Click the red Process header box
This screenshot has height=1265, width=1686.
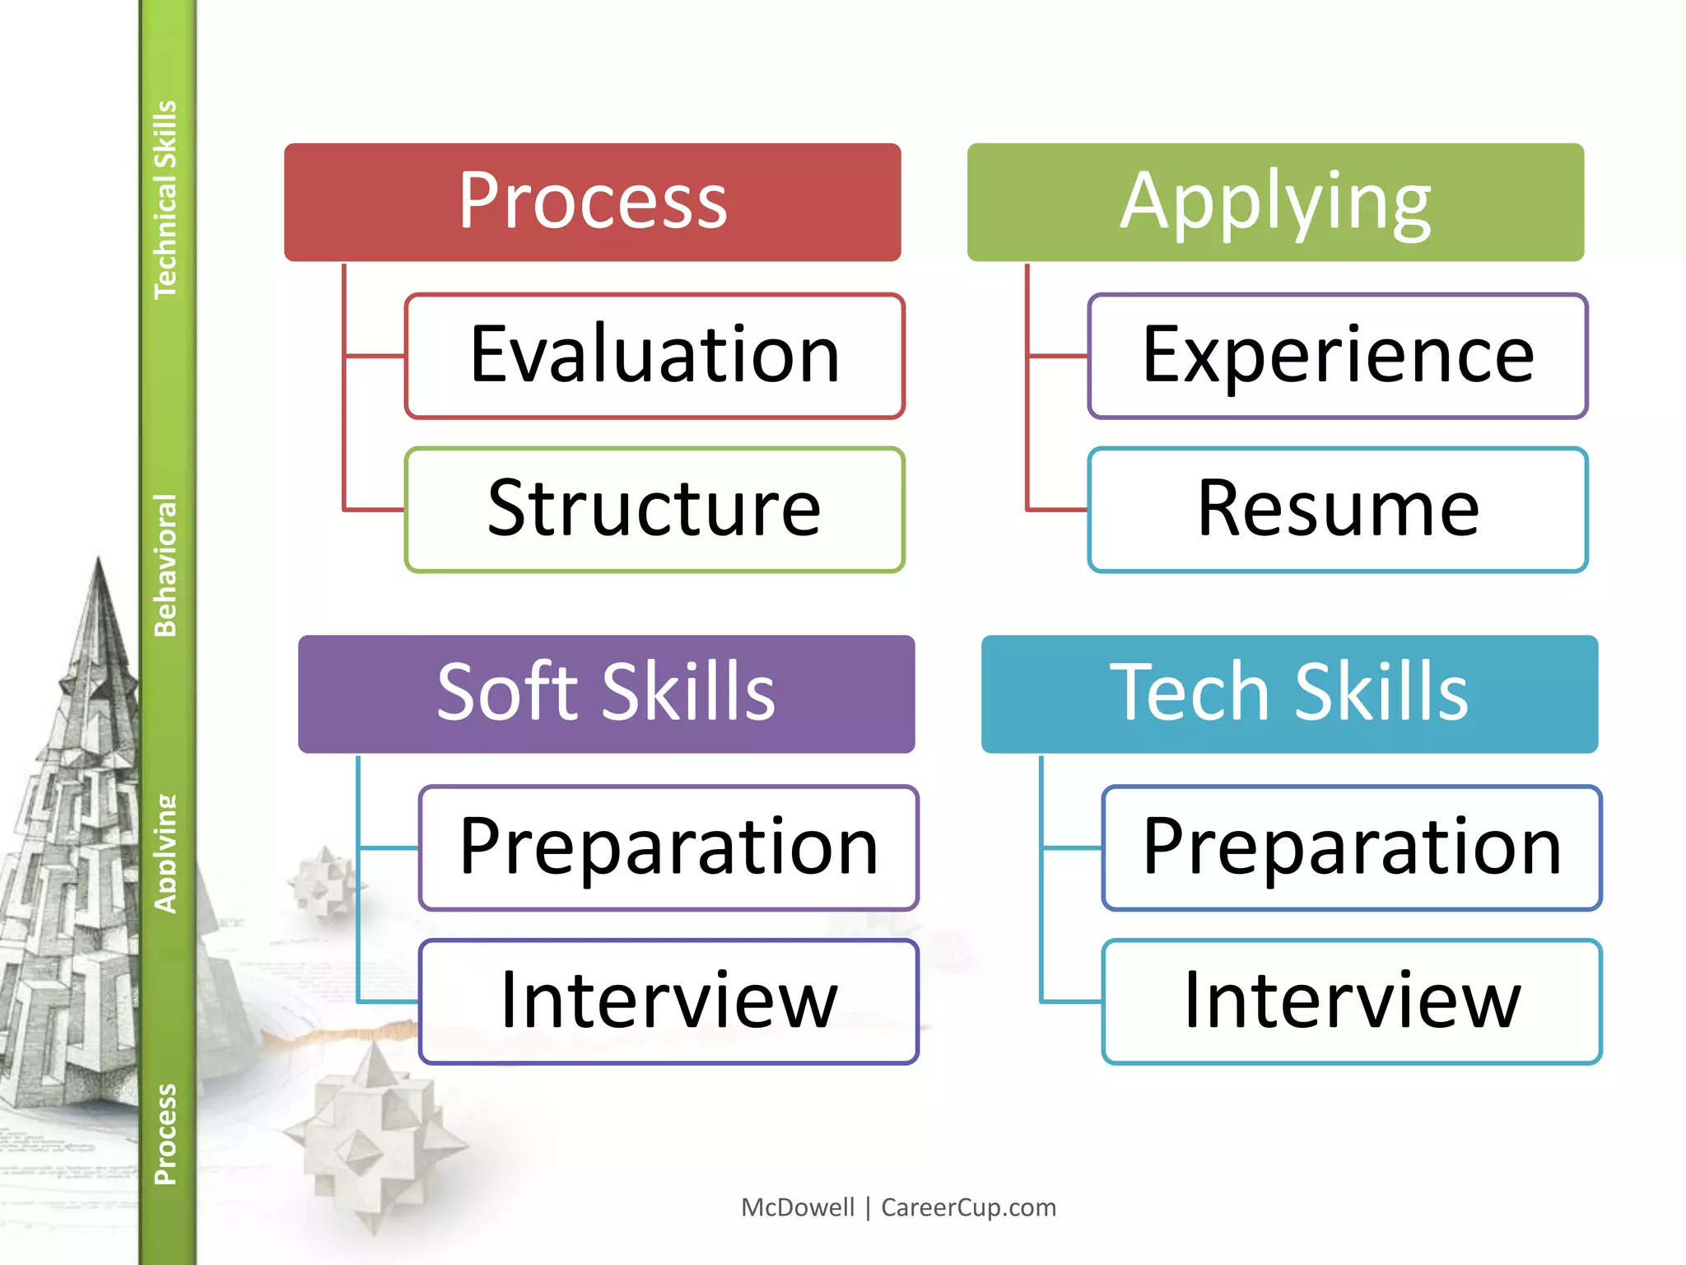click(x=592, y=202)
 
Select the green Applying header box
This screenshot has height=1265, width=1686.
click(x=1275, y=202)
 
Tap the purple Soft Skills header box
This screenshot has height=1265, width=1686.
click(x=606, y=693)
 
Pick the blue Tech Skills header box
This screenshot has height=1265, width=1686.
click(x=1289, y=693)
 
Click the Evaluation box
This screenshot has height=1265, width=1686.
click(x=654, y=356)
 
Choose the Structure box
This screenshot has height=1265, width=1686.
click(x=654, y=510)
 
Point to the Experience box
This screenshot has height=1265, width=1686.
click(x=1338, y=356)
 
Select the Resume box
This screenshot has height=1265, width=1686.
click(x=1338, y=510)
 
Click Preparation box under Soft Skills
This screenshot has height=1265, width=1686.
click(x=668, y=847)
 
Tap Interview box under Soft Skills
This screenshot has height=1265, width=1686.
click(x=668, y=1001)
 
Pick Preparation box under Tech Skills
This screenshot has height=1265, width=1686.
click(x=1352, y=847)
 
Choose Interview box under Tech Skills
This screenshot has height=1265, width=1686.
click(x=1352, y=1001)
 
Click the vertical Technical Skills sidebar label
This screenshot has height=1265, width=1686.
click(x=165, y=199)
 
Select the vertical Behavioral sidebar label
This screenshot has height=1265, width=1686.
click(x=165, y=565)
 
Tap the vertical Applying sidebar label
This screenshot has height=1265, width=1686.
click(x=165, y=853)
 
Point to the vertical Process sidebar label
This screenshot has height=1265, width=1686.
click(x=165, y=1134)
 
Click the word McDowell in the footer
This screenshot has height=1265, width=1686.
click(x=798, y=1207)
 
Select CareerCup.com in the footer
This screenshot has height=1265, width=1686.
click(x=968, y=1207)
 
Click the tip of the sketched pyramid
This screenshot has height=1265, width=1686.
click(x=99, y=560)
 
